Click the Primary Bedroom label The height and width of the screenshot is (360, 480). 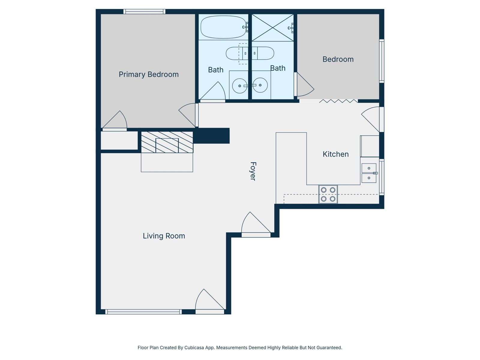[x=148, y=74]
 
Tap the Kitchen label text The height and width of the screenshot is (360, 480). [x=335, y=154]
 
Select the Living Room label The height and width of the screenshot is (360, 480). [x=164, y=236]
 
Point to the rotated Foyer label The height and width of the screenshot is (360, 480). [x=253, y=171]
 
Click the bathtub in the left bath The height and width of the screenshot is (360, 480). [x=223, y=27]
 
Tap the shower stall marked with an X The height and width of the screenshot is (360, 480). [x=272, y=28]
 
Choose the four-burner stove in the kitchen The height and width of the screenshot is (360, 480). [x=328, y=194]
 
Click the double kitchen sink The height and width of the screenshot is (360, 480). [x=369, y=173]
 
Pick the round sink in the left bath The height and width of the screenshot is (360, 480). [x=240, y=86]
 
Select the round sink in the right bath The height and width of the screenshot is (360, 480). [x=260, y=85]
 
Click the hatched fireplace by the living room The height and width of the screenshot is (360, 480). [x=167, y=142]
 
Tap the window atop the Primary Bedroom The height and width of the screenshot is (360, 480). [x=144, y=12]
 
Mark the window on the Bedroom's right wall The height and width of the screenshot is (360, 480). [x=382, y=61]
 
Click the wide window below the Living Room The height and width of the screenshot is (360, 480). [x=143, y=312]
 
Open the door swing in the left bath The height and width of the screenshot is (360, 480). [x=213, y=91]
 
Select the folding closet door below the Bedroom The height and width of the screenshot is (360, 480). [x=338, y=101]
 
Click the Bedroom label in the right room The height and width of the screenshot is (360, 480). [x=338, y=59]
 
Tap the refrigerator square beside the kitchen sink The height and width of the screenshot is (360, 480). [x=370, y=146]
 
